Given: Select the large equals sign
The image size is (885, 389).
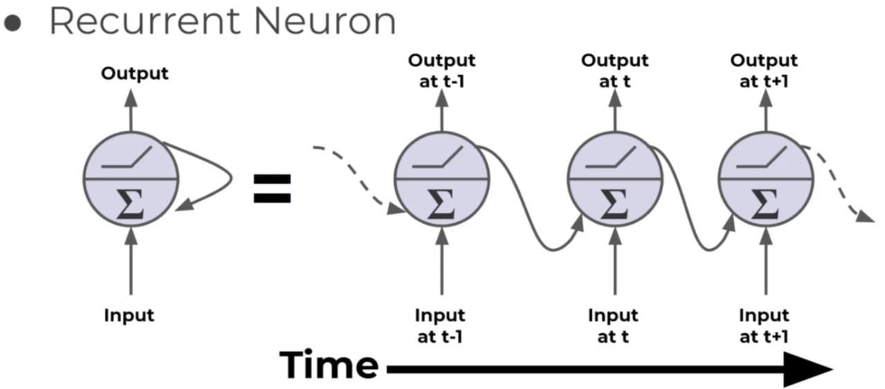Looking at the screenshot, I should coord(272,188).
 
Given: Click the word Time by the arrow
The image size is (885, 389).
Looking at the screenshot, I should coord(329,365).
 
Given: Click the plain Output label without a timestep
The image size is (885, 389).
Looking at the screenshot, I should coord(135,73).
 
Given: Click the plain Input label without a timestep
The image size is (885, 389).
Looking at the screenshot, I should coord(129,316).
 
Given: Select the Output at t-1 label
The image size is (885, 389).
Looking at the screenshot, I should coord(441,70).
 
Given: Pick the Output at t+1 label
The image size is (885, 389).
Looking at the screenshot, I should coord(764,70).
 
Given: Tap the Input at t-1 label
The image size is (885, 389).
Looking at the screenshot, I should coord(440,325).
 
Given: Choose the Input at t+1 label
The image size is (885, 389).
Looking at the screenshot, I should coord(764,325).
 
